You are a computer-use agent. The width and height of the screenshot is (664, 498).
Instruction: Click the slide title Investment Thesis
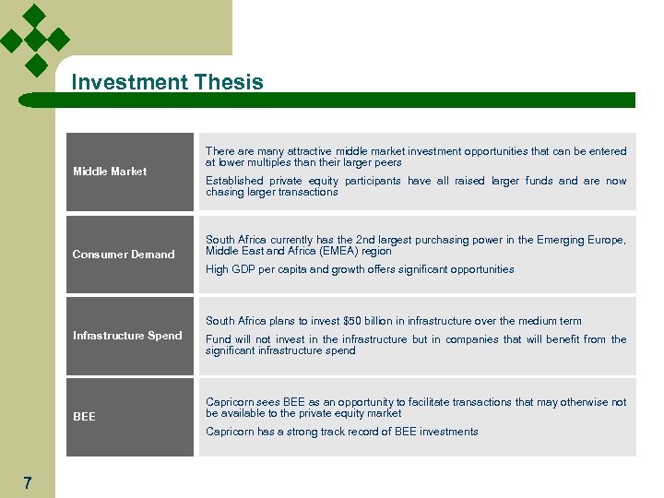167,82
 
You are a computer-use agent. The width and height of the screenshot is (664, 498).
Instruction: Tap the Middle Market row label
110,172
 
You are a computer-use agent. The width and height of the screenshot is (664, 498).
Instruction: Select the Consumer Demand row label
124,255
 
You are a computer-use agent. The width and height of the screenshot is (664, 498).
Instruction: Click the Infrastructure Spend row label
127,336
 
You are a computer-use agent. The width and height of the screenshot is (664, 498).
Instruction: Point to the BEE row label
84,417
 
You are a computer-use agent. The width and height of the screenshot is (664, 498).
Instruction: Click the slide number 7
28,482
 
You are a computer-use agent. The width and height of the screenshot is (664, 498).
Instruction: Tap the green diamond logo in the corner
35,39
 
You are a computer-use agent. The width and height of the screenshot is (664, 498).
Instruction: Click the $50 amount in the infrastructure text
351,321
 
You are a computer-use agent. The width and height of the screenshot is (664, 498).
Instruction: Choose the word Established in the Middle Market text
234,181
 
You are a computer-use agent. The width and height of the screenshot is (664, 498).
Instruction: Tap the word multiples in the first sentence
276,162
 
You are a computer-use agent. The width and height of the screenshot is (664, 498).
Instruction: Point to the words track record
329,432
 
